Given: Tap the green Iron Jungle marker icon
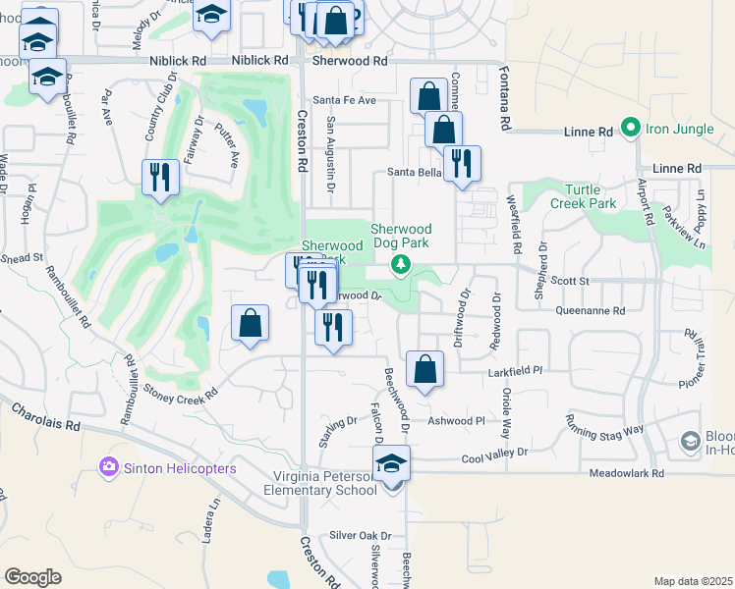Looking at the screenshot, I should pyautogui.click(x=630, y=129).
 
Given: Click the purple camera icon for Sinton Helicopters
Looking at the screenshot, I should pyautogui.click(x=108, y=468).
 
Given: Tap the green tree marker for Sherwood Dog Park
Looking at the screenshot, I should pyautogui.click(x=400, y=264).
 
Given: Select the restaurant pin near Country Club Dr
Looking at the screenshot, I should pyautogui.click(x=160, y=178).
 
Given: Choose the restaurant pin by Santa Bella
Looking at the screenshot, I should pyautogui.click(x=461, y=164).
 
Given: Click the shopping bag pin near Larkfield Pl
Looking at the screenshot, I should pyautogui.click(x=425, y=370).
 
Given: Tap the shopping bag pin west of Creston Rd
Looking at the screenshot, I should pyautogui.click(x=251, y=323).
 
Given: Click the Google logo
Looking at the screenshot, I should pyautogui.click(x=33, y=576).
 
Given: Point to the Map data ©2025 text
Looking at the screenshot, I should pyautogui.click(x=694, y=581).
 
